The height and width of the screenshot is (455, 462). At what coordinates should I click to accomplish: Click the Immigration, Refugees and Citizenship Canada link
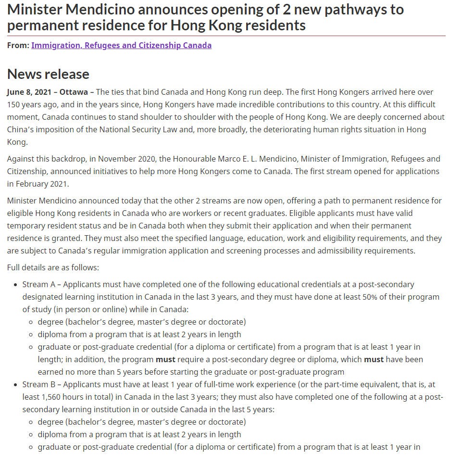[x=121, y=46]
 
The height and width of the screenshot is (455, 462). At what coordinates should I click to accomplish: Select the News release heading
[x=48, y=74]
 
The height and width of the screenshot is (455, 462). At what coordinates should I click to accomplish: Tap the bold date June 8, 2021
[x=27, y=92]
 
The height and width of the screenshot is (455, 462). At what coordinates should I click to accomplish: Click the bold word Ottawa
[x=74, y=92]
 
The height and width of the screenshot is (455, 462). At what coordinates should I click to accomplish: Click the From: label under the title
[x=18, y=46]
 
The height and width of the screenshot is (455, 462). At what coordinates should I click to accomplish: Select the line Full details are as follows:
[x=53, y=267]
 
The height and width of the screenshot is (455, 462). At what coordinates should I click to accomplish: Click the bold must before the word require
[x=166, y=359]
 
